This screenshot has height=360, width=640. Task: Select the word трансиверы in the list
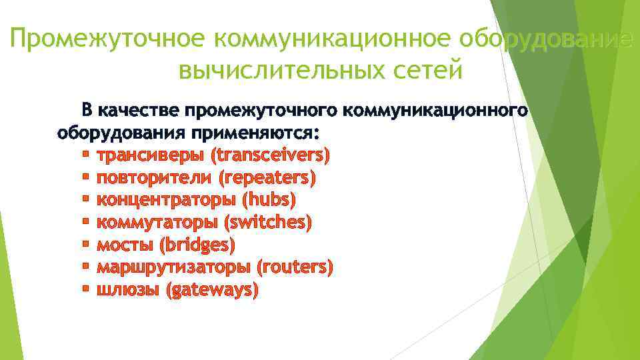(151, 155)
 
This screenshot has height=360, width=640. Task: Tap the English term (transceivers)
(270, 155)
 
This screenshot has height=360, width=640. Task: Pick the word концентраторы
(166, 200)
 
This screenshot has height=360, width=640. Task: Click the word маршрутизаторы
(173, 267)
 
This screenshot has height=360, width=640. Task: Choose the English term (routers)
(294, 267)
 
